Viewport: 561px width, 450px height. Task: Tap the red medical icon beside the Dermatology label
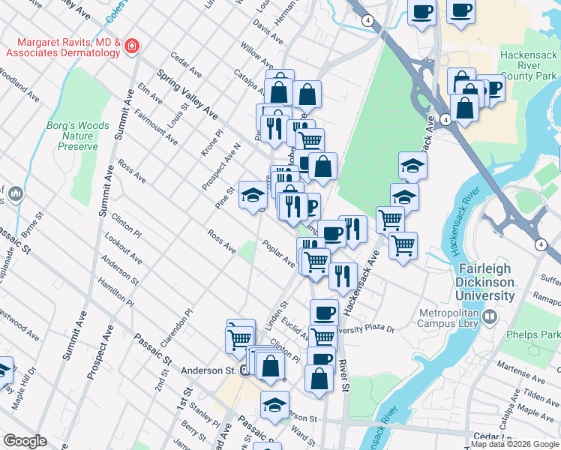point(131,47)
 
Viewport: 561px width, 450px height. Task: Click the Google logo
point(25,441)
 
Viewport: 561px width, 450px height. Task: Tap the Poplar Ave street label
point(278,253)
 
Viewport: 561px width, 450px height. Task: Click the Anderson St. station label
point(208,370)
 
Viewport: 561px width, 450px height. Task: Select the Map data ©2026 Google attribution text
point(514,444)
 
